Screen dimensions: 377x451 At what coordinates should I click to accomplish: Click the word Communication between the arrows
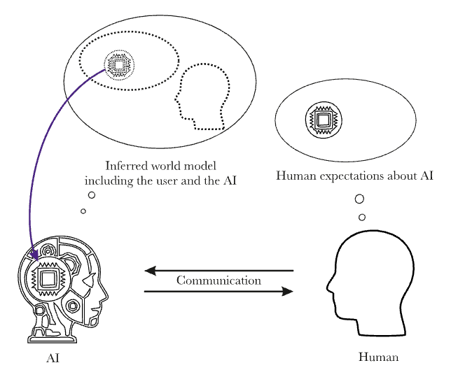tap(218, 281)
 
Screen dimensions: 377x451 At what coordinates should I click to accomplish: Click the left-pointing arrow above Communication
tap(218, 271)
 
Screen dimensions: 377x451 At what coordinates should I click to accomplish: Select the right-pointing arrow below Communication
tap(218, 292)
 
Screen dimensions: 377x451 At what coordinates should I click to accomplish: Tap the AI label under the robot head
tap(53, 358)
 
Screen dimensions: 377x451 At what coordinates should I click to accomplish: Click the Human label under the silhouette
tap(378, 357)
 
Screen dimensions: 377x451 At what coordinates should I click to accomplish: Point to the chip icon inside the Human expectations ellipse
tap(323, 120)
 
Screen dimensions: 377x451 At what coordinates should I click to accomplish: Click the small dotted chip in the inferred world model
tap(120, 66)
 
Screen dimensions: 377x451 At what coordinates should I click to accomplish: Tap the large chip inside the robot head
tap(48, 278)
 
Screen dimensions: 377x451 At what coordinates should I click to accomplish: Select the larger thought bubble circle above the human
tap(359, 199)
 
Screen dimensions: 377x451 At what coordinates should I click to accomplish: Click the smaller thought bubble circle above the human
tap(362, 218)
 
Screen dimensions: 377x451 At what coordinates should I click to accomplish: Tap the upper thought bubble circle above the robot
tap(92, 195)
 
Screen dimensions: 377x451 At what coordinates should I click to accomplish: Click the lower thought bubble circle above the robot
tap(83, 211)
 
